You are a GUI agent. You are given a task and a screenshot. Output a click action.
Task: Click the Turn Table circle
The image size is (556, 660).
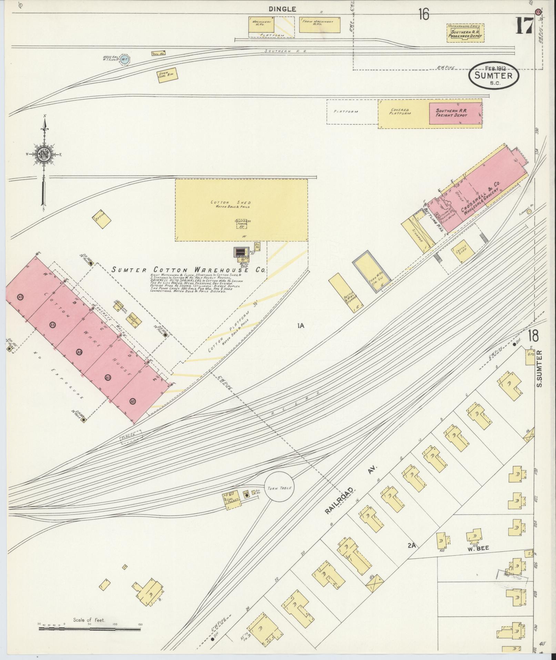[279, 488]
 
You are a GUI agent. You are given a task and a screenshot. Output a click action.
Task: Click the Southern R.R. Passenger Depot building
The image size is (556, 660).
[465, 33]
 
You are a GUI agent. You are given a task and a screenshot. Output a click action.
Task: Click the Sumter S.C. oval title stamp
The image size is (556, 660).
[494, 76]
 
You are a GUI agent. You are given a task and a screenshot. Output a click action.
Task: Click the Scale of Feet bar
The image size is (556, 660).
[90, 629]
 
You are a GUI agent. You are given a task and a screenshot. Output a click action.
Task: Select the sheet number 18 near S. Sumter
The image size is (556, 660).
[534, 336]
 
